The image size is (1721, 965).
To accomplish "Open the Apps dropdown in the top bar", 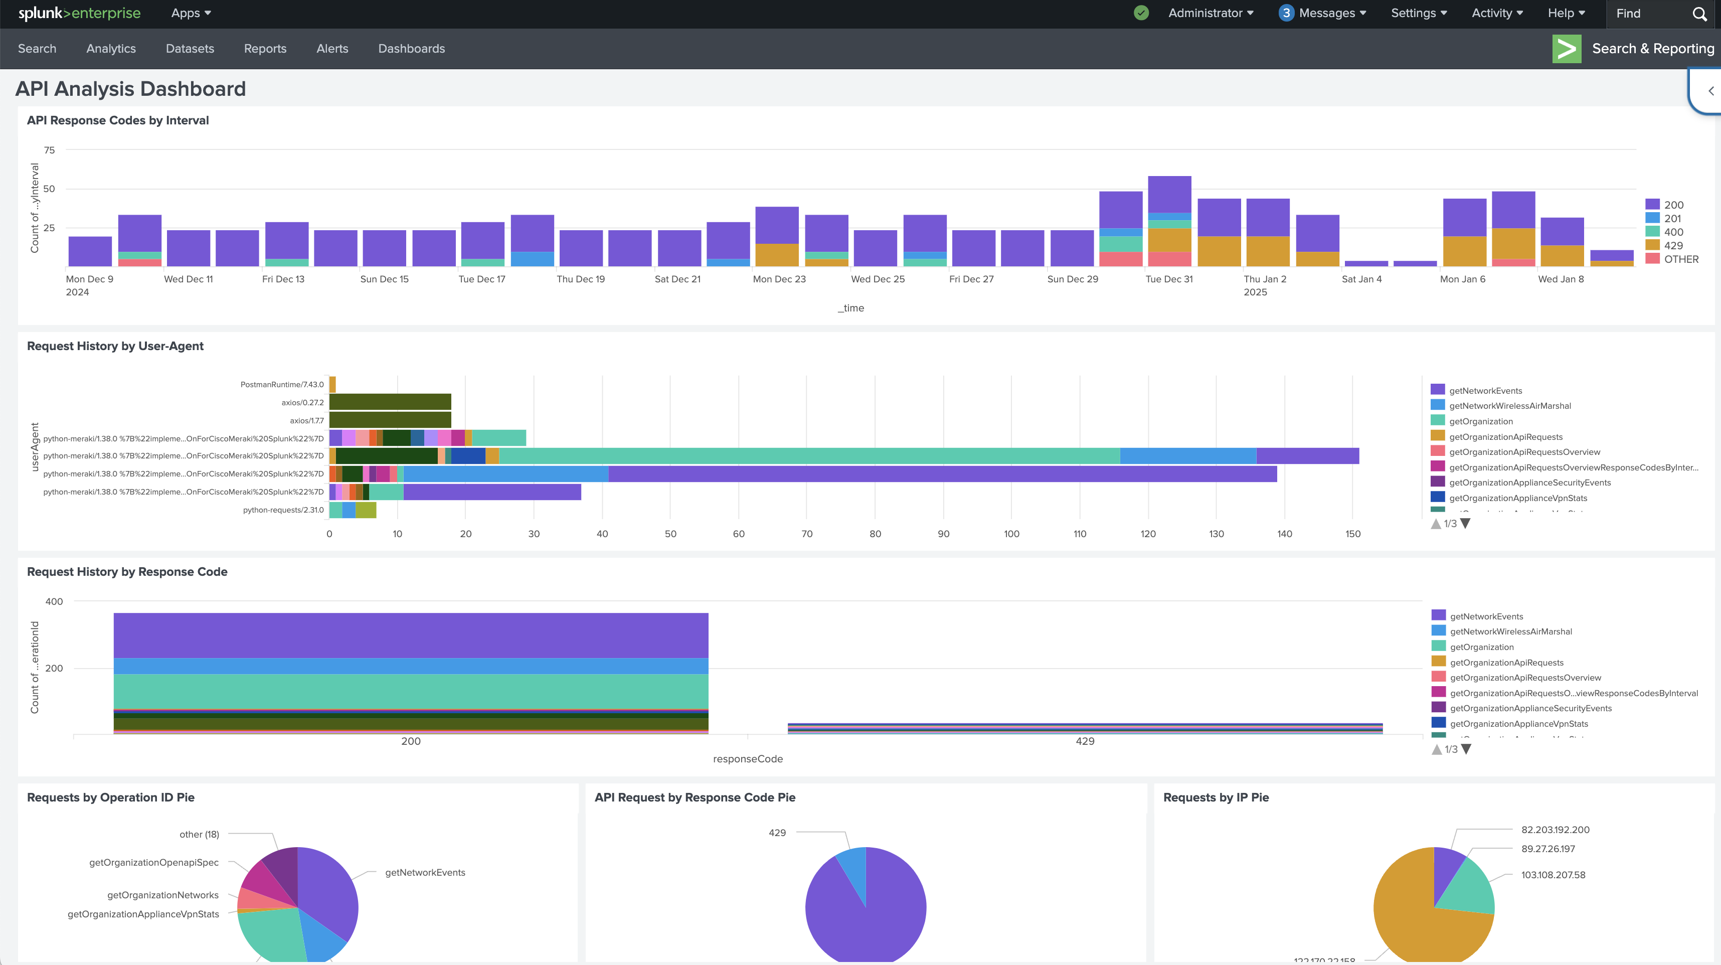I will point(191,14).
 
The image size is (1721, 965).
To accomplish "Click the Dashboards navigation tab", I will point(411,49).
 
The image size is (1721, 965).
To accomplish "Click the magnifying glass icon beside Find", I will point(1699,14).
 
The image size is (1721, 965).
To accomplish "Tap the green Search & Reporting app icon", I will point(1566,49).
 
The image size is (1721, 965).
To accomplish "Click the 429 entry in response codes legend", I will point(1672,245).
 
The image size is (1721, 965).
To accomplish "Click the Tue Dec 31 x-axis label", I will point(1168,279).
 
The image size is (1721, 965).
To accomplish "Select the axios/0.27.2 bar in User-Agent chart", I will point(390,402).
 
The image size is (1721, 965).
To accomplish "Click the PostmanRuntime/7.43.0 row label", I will point(281,384).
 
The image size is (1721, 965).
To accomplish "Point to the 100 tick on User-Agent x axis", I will point(1011,534).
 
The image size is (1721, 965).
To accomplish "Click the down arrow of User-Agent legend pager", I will point(1465,523).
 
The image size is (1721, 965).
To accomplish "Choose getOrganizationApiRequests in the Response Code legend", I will point(1506,662).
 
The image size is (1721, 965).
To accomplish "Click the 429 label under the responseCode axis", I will point(1084,741).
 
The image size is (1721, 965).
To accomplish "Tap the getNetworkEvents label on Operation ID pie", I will point(425,872).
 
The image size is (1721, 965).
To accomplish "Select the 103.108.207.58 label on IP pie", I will point(1553,875).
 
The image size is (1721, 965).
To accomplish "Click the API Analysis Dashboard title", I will point(130,89).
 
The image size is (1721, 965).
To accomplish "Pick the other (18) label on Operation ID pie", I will point(199,834).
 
